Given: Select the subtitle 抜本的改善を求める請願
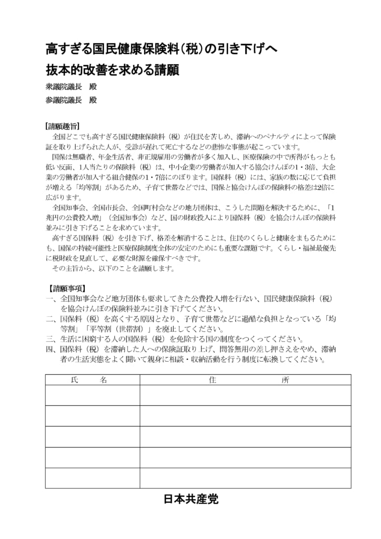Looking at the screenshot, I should pyautogui.click(x=112, y=70).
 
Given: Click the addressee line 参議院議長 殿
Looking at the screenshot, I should pyautogui.click(x=71, y=100).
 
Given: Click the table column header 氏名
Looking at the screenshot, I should pyautogui.click(x=88, y=380).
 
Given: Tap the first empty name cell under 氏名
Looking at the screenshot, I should pyautogui.click(x=92, y=395).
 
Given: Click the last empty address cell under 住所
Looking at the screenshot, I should pyautogui.click(x=245, y=478).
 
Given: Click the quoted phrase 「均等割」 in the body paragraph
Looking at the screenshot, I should pyautogui.click(x=84, y=187).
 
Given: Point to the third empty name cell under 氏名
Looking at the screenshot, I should pyautogui.click(x=92, y=436).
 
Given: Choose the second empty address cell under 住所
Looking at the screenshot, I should pyautogui.click(x=245, y=416).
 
